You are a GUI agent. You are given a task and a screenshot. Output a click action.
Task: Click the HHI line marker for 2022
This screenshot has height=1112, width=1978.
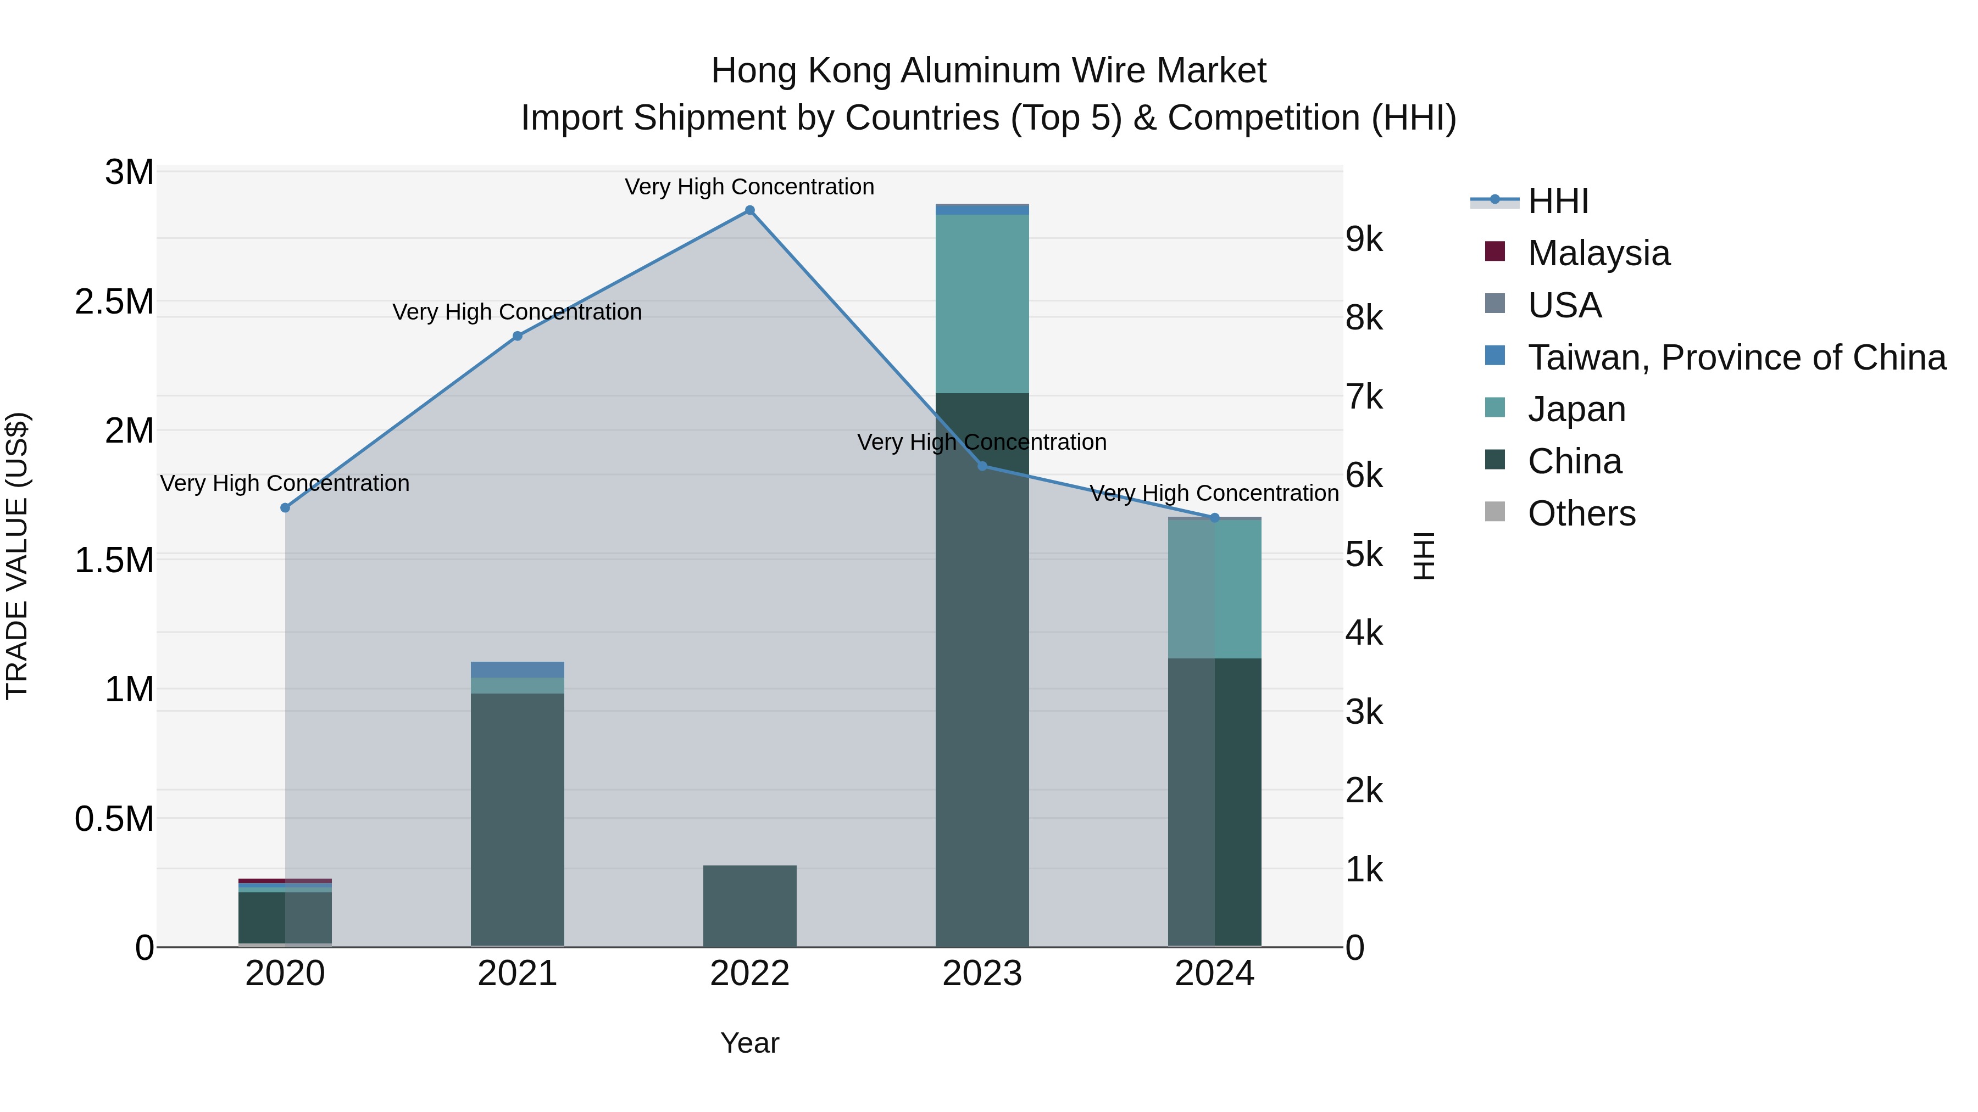click(749, 210)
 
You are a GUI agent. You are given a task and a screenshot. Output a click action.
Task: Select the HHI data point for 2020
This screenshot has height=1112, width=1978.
click(285, 507)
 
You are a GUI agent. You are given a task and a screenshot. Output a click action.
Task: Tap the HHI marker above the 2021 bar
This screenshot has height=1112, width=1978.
click(518, 336)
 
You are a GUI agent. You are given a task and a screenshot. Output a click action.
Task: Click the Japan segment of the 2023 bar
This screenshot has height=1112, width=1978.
click(981, 303)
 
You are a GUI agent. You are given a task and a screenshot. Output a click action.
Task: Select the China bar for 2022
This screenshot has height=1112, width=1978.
click(749, 906)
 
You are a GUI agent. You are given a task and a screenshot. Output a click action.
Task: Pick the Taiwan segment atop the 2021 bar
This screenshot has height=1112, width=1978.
click(518, 669)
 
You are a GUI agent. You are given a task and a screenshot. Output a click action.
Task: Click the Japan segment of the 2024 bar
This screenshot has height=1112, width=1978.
click(1214, 589)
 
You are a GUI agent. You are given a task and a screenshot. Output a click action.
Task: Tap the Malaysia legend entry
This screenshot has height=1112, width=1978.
click(1598, 253)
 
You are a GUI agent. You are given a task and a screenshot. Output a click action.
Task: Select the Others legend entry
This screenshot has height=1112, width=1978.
click(1581, 513)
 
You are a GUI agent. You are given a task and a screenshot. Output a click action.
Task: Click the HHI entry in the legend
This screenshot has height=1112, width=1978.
click(1557, 201)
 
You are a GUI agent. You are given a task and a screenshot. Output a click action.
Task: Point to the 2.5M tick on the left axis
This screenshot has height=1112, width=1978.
click(114, 301)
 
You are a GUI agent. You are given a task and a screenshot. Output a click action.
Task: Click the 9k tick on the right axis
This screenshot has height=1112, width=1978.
click(1364, 239)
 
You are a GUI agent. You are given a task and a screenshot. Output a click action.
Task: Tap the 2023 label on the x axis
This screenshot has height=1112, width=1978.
click(981, 974)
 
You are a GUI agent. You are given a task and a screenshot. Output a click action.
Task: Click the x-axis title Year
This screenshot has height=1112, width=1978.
click(749, 1043)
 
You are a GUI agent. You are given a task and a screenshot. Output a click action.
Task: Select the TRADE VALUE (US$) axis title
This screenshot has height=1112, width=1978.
click(17, 556)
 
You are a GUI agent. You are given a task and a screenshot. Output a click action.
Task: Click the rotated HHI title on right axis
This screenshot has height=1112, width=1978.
click(1424, 556)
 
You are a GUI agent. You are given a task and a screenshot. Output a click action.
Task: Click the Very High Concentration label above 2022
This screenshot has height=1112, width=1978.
click(749, 187)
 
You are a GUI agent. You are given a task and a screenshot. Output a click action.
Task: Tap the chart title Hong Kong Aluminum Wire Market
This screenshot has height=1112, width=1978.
click(988, 71)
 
